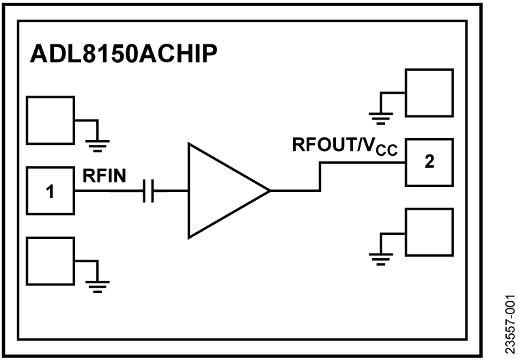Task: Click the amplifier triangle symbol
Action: (x=222, y=191)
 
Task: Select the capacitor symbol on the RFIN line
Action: (x=150, y=192)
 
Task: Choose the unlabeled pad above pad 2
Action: (x=429, y=92)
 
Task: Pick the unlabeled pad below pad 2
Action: (x=429, y=232)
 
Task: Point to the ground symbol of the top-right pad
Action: (x=380, y=116)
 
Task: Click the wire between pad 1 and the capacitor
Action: (x=109, y=192)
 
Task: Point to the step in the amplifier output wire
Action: (x=319, y=177)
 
